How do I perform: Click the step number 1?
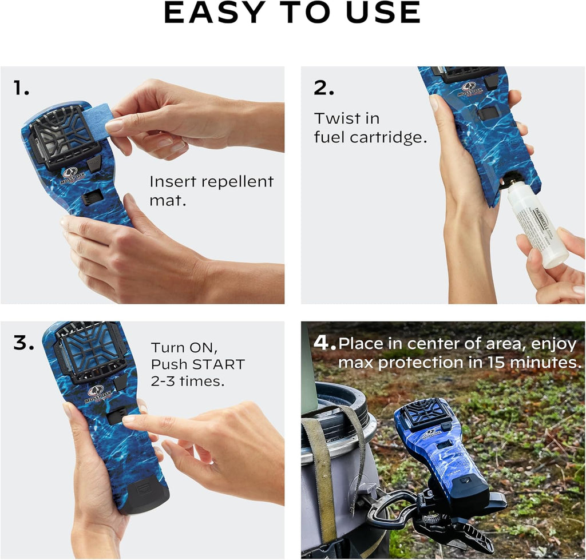click(x=21, y=88)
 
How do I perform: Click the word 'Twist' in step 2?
click(x=338, y=119)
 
